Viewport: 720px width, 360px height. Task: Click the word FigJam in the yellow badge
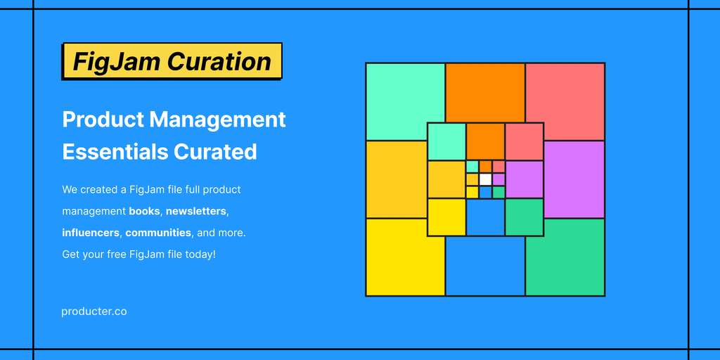(x=116, y=62)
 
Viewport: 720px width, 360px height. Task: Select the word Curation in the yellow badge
(x=219, y=61)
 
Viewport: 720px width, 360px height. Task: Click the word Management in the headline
(x=218, y=120)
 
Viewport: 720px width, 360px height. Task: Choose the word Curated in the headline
(x=215, y=152)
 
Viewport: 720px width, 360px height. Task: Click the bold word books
(x=145, y=211)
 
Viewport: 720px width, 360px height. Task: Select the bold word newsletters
(x=197, y=211)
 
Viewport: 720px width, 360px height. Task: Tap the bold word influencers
(x=91, y=233)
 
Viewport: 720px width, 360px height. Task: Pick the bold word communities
(x=158, y=233)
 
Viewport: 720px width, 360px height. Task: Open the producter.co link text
(x=94, y=311)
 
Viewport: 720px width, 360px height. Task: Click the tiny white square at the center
(x=485, y=179)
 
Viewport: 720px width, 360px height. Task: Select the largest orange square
(x=485, y=93)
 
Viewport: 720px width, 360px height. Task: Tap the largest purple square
(x=574, y=179)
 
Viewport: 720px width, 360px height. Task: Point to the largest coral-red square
(x=565, y=101)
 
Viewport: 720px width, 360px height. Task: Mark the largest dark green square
(x=565, y=257)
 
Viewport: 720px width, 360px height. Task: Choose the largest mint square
(x=405, y=101)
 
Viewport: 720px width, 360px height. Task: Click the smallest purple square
(x=499, y=179)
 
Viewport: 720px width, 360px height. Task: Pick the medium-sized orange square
(x=485, y=141)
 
